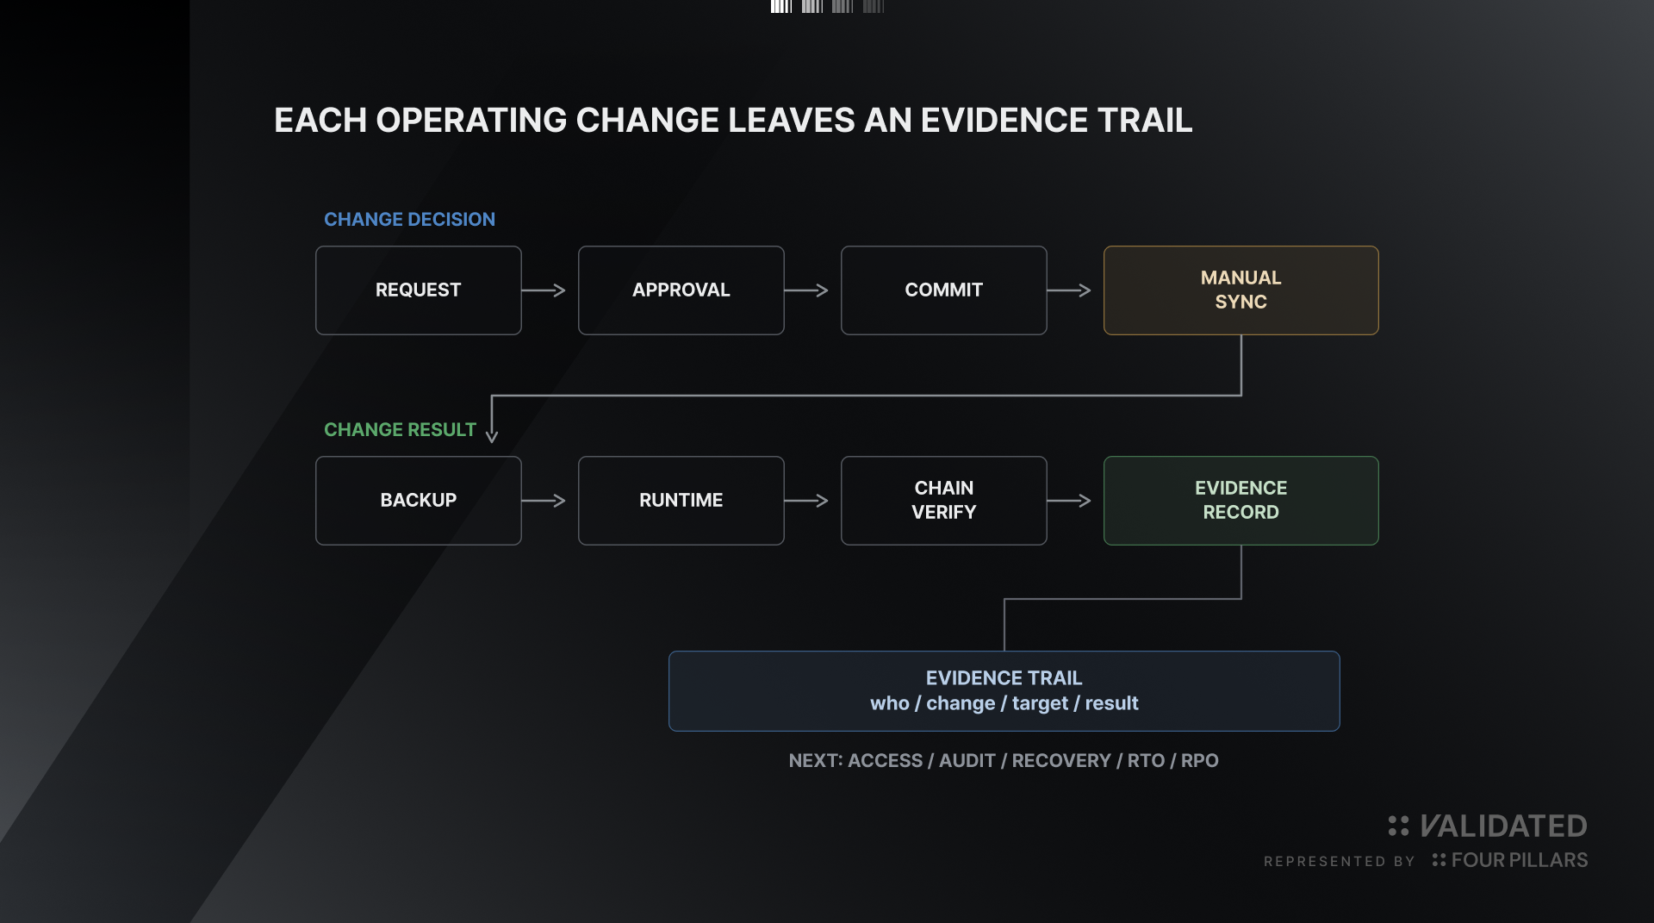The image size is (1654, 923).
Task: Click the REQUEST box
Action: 419,290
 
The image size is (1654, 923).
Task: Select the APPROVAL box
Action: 681,290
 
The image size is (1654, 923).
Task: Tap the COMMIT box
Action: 944,290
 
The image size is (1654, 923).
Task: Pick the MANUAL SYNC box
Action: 1241,290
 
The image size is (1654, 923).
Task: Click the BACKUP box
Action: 419,501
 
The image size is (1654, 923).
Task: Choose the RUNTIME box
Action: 681,501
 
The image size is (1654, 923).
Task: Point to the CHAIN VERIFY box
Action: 944,501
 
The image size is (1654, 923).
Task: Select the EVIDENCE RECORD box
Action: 1241,501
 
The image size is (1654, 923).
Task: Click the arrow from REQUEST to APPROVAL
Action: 544,290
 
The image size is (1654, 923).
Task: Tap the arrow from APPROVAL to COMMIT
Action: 806,290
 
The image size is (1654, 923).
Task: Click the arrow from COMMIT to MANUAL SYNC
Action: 1069,290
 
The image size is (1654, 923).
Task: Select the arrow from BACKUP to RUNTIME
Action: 544,501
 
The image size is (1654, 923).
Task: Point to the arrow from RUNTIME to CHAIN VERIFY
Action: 806,501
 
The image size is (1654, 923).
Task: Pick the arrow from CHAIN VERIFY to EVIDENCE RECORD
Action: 1069,501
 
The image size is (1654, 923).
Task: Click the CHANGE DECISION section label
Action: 409,220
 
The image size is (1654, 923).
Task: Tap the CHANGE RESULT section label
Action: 400,430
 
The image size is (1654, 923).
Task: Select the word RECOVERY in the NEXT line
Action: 1061,761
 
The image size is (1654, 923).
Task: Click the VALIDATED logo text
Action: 1503,826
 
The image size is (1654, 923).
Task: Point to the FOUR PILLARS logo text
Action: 1520,860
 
